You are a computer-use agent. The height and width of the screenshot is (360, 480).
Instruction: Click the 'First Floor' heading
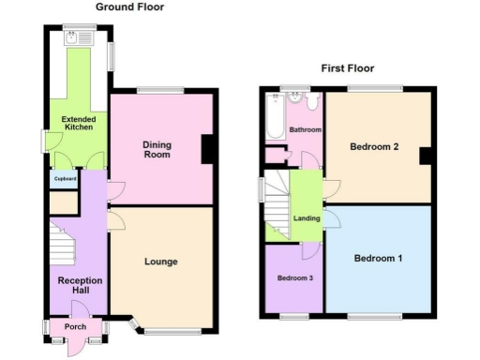click(x=348, y=68)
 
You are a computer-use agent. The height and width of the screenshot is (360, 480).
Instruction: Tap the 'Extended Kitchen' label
click(x=79, y=125)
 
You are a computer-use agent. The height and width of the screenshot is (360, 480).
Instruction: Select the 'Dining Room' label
click(x=157, y=149)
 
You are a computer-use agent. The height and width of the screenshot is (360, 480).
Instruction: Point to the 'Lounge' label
click(x=161, y=261)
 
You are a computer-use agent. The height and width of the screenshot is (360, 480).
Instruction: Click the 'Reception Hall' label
click(x=79, y=285)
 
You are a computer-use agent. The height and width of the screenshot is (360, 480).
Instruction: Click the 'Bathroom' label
click(x=305, y=129)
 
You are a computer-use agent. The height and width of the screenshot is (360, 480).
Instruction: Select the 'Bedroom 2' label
click(x=375, y=146)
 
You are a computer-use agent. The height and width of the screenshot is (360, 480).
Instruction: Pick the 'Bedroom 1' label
click(x=378, y=257)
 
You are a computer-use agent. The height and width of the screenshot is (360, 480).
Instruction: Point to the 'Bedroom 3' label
click(x=294, y=278)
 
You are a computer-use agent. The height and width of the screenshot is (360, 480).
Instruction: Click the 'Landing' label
click(x=306, y=219)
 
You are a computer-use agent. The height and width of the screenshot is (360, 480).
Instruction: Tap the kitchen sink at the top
click(x=73, y=39)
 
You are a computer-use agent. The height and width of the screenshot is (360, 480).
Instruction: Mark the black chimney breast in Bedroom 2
click(x=426, y=156)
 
